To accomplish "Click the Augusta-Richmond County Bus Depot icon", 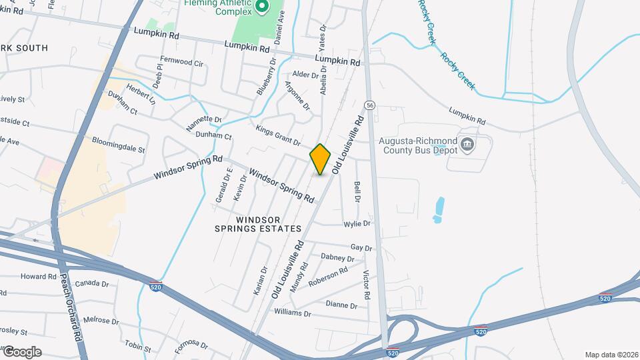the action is click(x=467, y=144).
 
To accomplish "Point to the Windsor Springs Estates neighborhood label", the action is click(x=258, y=223).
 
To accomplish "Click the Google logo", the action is click(x=22, y=352).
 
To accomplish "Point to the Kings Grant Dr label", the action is click(x=279, y=133).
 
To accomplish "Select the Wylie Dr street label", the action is click(x=357, y=224).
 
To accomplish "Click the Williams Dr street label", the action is click(x=292, y=312).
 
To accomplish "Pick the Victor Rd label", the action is click(x=366, y=284).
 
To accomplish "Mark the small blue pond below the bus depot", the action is click(x=438, y=209).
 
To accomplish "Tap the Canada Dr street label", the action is click(x=91, y=283).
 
